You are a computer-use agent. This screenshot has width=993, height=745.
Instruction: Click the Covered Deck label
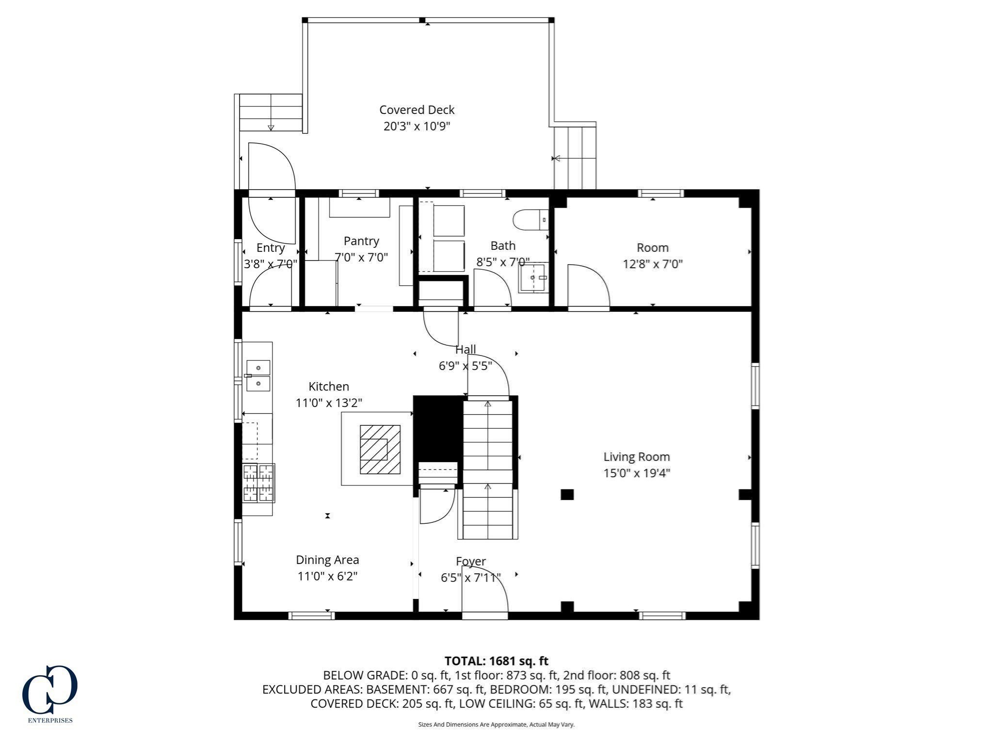click(416, 110)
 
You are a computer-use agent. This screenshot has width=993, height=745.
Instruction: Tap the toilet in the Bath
click(530, 220)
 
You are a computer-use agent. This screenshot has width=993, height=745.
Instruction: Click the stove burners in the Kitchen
click(258, 483)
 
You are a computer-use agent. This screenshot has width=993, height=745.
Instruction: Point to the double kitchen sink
click(258, 376)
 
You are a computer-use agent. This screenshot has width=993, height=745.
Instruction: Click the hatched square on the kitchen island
click(380, 450)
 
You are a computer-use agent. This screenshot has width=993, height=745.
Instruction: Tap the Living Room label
click(637, 456)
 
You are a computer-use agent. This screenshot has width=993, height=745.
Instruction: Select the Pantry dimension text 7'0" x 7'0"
click(361, 257)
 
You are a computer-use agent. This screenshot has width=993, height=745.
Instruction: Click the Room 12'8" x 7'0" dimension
click(653, 264)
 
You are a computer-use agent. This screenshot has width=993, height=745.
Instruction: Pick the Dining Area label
click(327, 560)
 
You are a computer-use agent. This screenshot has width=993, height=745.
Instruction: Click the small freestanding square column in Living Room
click(567, 495)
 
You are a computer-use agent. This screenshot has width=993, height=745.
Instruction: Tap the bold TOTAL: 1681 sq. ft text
click(496, 661)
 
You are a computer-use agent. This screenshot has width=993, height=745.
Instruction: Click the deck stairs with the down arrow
click(271, 113)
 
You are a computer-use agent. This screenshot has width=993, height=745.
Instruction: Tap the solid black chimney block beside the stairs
click(438, 429)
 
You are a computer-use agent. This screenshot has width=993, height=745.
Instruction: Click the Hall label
click(465, 349)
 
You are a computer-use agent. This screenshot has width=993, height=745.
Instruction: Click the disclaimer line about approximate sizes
click(496, 725)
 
